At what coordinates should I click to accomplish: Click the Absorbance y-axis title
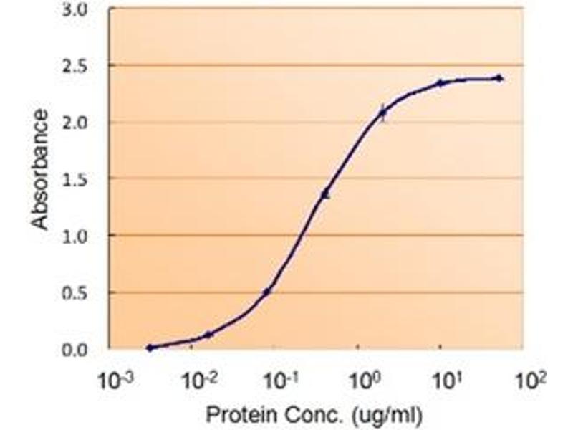pos(41,170)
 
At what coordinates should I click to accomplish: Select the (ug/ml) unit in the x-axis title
pos(388,414)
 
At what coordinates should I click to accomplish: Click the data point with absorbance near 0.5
pos(267,292)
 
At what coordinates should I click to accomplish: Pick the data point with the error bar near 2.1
pos(382,113)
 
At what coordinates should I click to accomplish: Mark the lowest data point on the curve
pos(150,348)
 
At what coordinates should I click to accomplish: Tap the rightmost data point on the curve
pos(499,78)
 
